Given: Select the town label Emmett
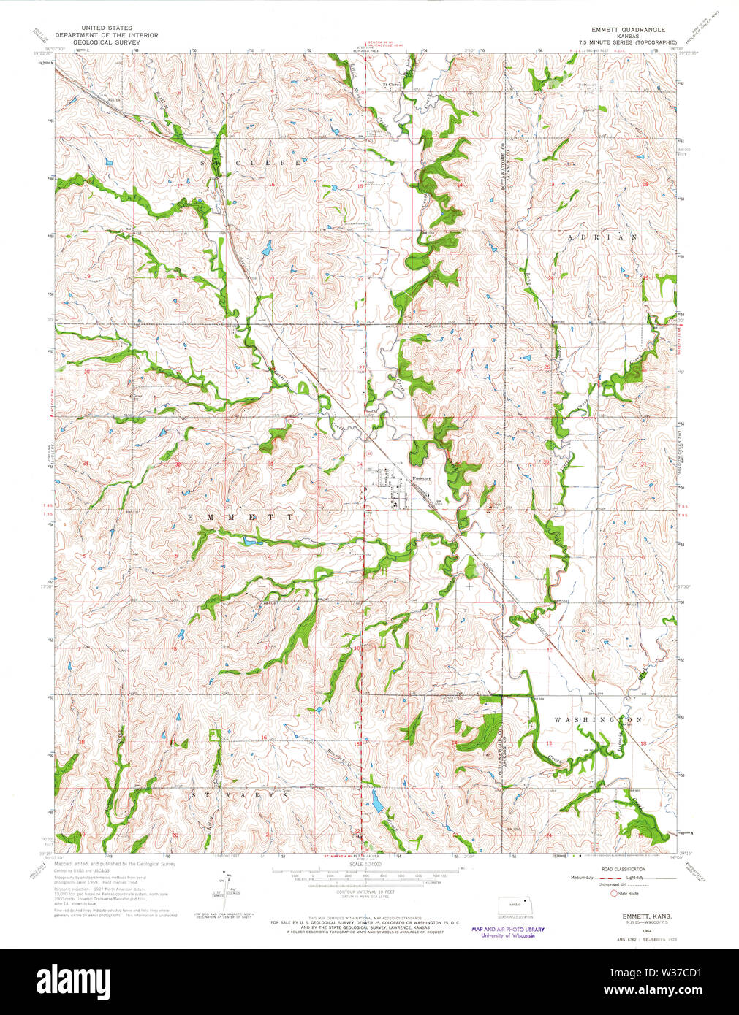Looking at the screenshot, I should pos(422,479).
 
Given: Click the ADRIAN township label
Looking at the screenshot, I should pos(602,237).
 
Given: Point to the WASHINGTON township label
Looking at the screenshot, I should pos(597,720).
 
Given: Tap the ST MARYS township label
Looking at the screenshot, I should pos(240,794).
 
